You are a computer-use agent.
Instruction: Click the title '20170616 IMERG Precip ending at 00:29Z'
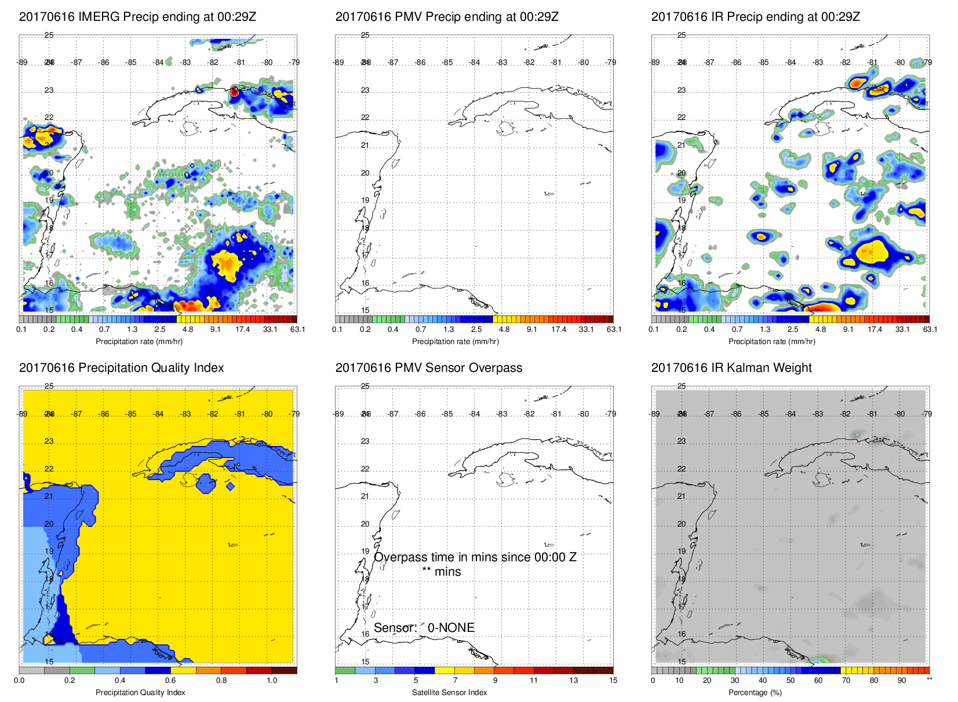tap(137, 17)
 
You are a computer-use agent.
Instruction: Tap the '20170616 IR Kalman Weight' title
tap(731, 368)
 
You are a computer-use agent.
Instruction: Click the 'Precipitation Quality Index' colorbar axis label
tap(140, 692)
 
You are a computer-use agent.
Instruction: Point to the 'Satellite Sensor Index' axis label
tap(450, 692)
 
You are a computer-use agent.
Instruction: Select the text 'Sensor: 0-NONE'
tap(424, 628)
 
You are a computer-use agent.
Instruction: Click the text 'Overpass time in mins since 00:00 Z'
tap(475, 557)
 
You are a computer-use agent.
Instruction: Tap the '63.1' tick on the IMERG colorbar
tap(297, 330)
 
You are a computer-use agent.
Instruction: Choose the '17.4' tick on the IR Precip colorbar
tap(875, 330)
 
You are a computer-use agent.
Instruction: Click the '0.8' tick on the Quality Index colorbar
tap(221, 681)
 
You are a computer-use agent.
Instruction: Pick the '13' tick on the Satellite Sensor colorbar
tap(573, 681)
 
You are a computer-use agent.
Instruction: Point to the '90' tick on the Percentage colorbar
tap(902, 681)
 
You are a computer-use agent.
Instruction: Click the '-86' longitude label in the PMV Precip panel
tap(420, 63)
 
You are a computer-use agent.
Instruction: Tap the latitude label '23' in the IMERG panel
tap(49, 90)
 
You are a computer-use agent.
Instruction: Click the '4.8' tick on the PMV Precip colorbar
tap(504, 330)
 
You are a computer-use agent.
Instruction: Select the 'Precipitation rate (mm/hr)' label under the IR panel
tap(771, 341)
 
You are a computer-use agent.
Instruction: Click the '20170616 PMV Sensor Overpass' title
tap(429, 368)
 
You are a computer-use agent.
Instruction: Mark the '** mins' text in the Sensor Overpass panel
tap(442, 572)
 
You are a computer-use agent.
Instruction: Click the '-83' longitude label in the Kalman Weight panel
tap(818, 414)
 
